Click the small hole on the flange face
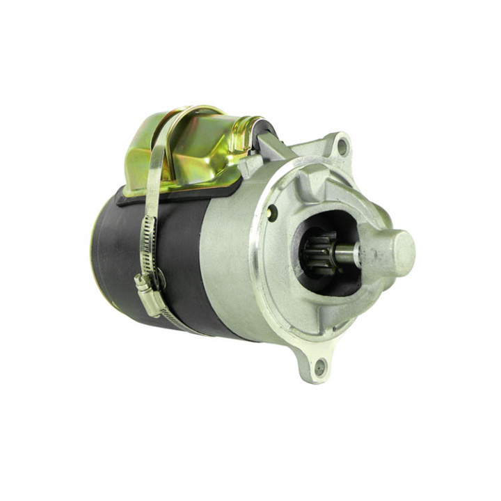tap(271, 214)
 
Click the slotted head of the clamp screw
tap(142, 282)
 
